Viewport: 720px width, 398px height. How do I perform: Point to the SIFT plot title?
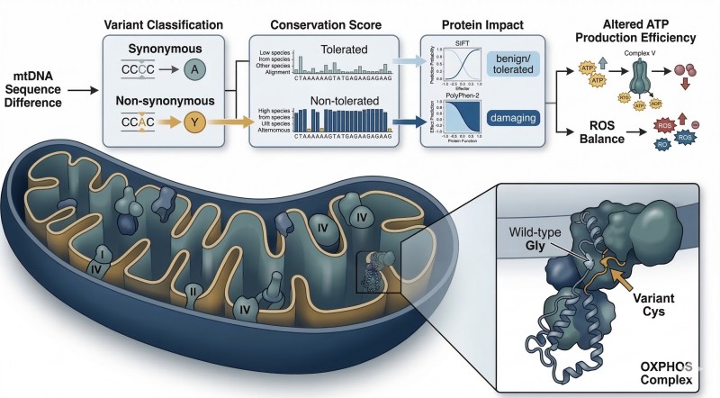click(463, 43)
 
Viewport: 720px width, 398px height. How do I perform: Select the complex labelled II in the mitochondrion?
click(191, 291)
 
